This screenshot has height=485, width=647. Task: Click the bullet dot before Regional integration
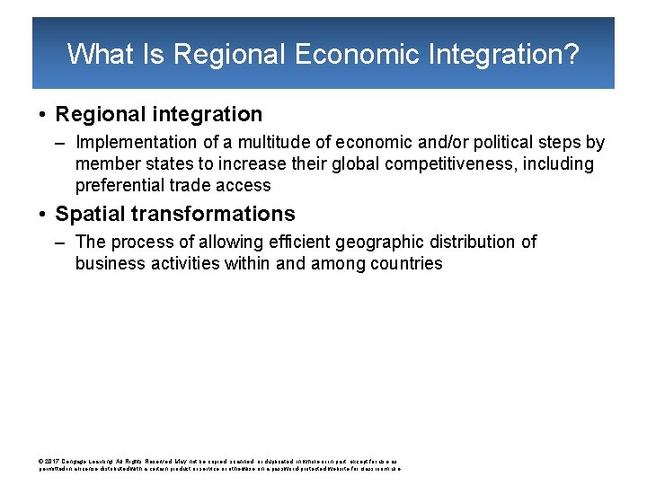click(x=42, y=115)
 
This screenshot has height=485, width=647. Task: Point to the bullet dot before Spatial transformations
click(x=42, y=215)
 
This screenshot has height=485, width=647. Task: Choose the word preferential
click(x=119, y=186)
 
